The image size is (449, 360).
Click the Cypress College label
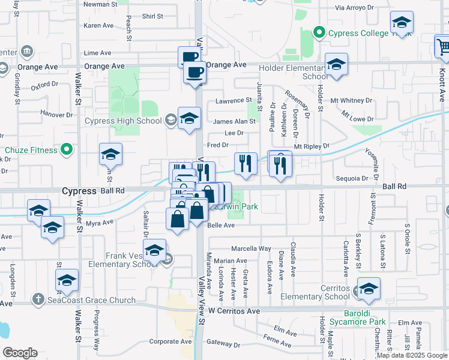pyautogui.click(x=355, y=32)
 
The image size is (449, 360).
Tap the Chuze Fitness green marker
pyautogui.click(x=67, y=149)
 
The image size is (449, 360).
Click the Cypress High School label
pyautogui.click(x=123, y=121)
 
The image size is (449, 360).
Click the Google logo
pyautogui.click(x=20, y=353)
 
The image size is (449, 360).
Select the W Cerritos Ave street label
pyautogui.click(x=234, y=311)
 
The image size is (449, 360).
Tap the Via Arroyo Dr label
pyautogui.click(x=354, y=8)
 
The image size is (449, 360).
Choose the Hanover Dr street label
pyautogui.click(x=56, y=113)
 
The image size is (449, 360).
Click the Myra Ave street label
pyautogui.click(x=100, y=223)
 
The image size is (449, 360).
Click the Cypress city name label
pyautogui.click(x=79, y=191)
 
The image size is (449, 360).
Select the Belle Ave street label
pyautogui.click(x=220, y=225)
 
